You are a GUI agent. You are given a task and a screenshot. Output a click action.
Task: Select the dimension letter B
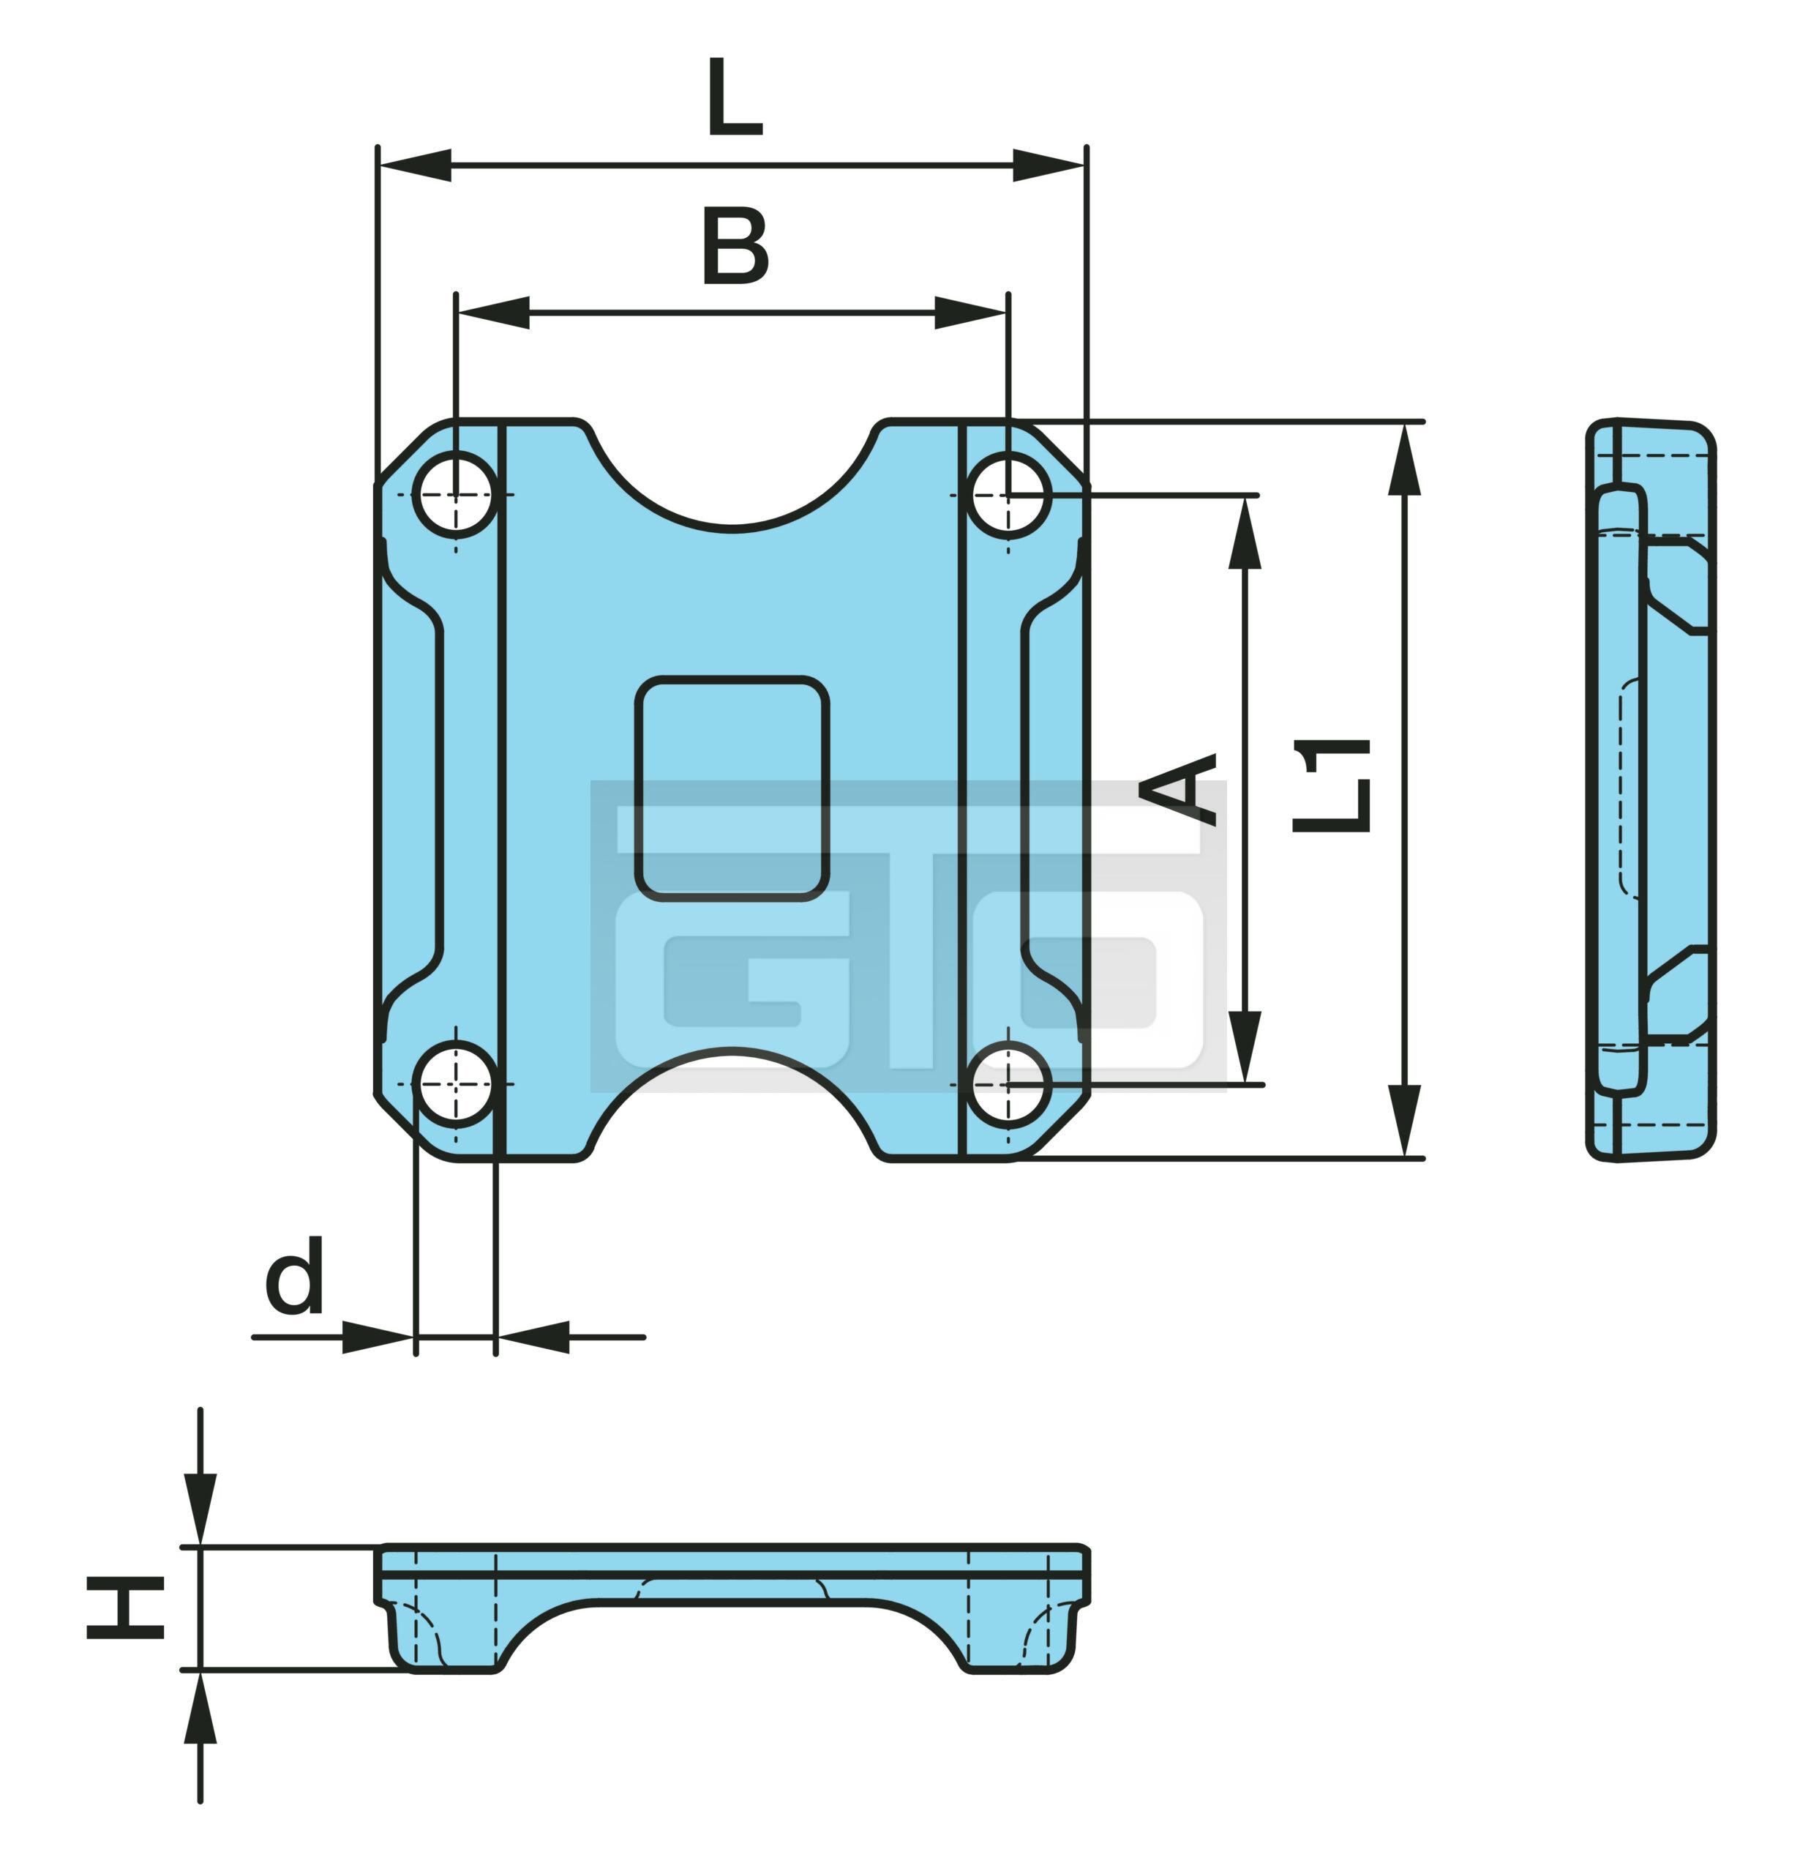click(735, 247)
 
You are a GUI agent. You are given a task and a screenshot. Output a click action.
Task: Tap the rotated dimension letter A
click(1179, 790)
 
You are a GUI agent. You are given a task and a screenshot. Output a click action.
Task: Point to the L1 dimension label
click(1332, 784)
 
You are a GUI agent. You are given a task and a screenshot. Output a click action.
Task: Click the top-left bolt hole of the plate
click(456, 496)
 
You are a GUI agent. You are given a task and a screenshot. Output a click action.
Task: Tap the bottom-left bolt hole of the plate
click(456, 1084)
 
